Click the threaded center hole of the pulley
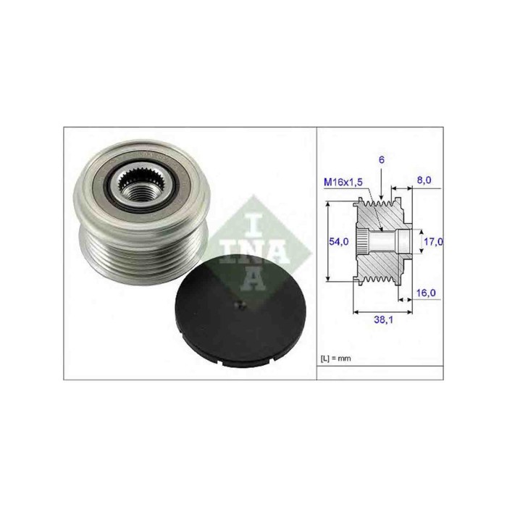pyautogui.click(x=138, y=193)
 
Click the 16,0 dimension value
pyautogui.click(x=426, y=293)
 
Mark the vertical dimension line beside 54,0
pyautogui.click(x=330, y=241)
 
